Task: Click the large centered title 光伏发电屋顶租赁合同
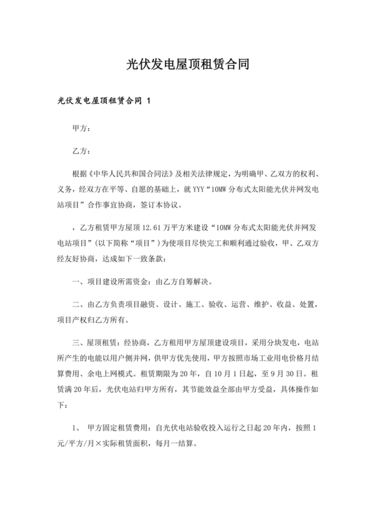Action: pyautogui.click(x=188, y=65)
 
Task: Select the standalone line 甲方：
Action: pyautogui.click(x=81, y=127)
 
